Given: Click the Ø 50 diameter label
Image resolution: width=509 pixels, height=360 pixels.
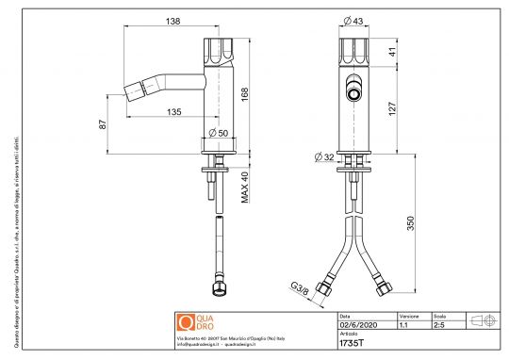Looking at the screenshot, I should pos(219,133).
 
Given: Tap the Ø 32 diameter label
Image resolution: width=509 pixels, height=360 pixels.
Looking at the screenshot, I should pos(321,156).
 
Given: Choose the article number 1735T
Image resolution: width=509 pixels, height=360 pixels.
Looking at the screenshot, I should pos(351,342).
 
